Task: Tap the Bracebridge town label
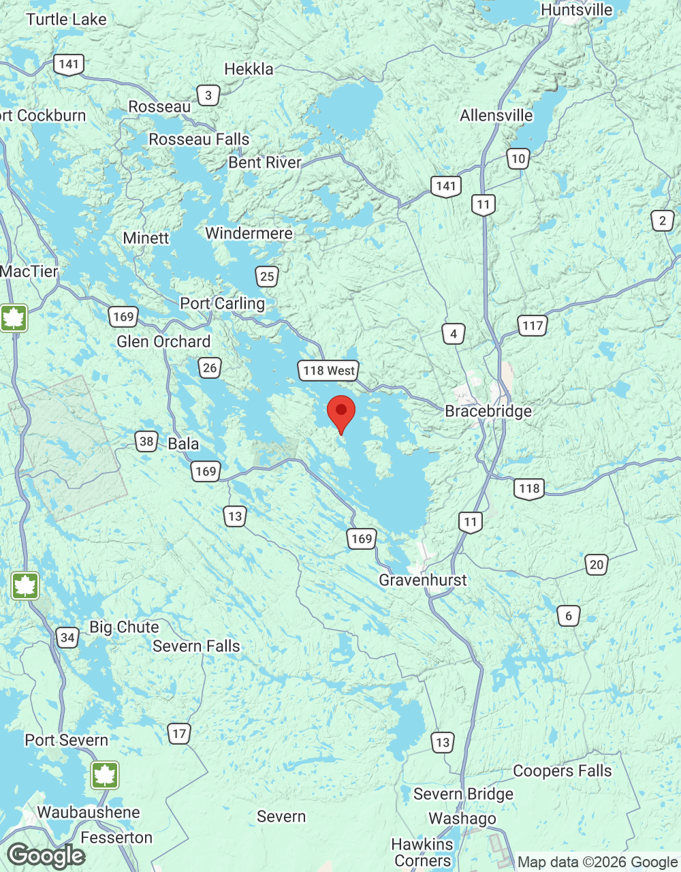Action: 488,411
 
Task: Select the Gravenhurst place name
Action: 423,580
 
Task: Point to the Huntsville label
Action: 576,10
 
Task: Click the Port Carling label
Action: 222,303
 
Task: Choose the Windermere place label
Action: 249,233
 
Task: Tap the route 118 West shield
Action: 329,371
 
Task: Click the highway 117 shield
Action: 533,325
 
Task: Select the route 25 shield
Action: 267,276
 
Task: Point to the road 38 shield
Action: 146,441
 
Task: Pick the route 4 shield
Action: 454,334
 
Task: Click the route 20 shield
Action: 597,564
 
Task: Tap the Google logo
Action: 46,856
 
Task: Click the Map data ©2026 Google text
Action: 597,862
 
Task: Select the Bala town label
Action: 183,443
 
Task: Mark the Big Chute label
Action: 124,627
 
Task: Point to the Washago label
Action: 462,818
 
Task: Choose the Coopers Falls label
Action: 562,770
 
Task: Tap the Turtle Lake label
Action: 66,19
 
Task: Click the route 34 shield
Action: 67,638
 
